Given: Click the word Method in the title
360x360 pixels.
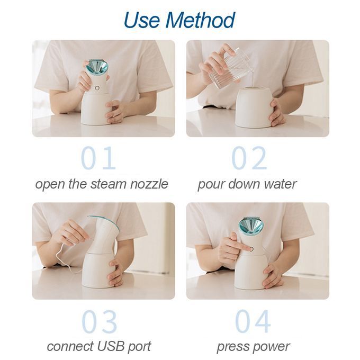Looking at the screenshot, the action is click(200, 20).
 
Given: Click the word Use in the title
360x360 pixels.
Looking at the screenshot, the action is click(142, 20).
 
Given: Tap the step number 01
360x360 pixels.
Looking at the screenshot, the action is click(98, 158).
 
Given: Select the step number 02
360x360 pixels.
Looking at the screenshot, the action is click(249, 158).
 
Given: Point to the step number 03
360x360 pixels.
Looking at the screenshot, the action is click(99, 321).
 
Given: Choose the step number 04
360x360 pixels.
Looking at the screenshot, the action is click(253, 321).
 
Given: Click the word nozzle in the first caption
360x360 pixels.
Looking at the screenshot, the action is click(149, 184).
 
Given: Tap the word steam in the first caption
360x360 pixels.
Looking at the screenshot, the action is click(108, 184).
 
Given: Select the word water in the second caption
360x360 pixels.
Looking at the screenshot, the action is click(280, 184).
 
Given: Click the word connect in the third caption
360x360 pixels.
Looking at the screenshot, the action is click(70, 346).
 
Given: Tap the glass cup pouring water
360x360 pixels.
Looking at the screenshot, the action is click(230, 69).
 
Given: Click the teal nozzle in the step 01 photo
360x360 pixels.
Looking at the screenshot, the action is click(97, 68).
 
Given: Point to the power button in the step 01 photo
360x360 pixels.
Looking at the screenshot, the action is click(97, 88).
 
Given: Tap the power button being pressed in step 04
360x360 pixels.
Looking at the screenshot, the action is click(251, 249).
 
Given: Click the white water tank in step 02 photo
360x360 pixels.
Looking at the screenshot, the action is click(254, 107).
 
